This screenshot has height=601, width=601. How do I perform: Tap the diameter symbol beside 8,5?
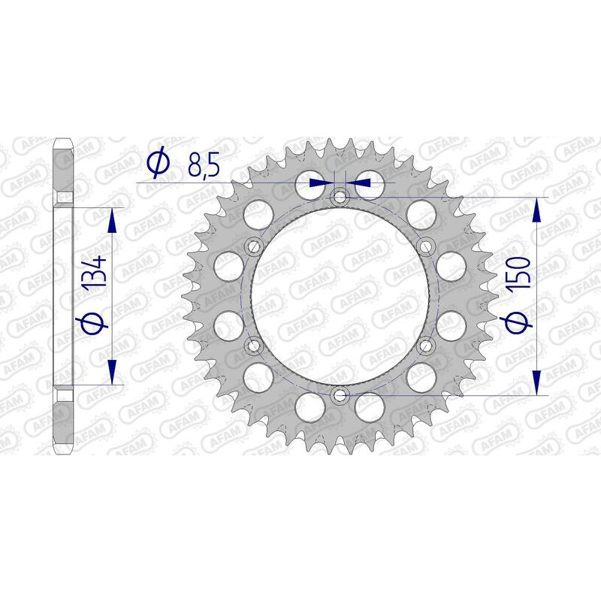(x=159, y=163)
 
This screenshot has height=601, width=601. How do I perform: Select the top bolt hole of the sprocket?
(x=340, y=197)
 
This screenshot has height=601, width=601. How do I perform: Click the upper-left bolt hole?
(x=253, y=246)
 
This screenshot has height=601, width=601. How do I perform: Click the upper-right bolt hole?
(x=426, y=246)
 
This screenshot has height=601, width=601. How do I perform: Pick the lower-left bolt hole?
(x=253, y=345)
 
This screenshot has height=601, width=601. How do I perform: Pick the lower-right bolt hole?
(x=426, y=345)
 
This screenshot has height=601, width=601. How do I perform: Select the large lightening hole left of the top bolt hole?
(x=310, y=183)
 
